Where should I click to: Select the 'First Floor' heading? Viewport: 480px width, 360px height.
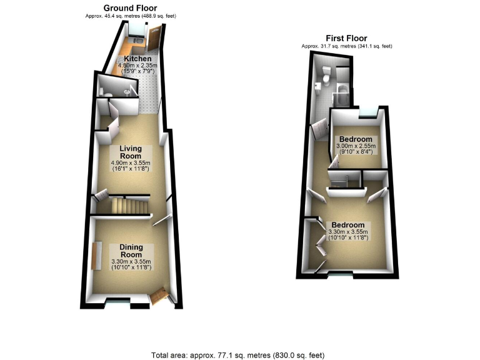click(346, 38)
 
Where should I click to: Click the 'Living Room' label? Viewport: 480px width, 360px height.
click(132, 152)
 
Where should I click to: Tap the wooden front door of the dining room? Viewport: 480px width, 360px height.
click(160, 295)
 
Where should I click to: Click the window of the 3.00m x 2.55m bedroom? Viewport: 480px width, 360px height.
click(369, 113)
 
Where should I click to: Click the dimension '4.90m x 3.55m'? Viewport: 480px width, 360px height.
click(132, 164)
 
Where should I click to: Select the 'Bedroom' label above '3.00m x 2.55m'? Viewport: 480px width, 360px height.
click(356, 139)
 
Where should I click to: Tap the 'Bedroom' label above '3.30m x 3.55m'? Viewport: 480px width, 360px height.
click(348, 225)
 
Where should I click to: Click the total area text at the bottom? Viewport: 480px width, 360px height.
click(237, 354)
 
